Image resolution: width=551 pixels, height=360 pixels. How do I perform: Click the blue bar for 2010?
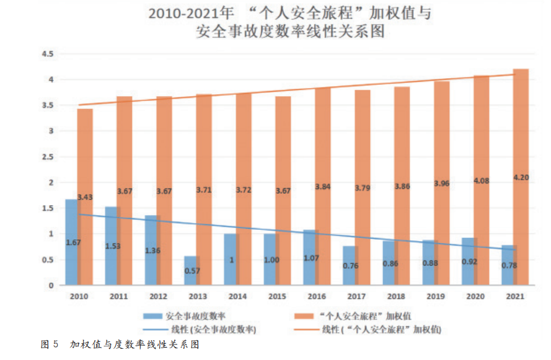coord(72,242)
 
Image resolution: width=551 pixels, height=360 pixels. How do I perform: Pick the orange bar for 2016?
coord(322,187)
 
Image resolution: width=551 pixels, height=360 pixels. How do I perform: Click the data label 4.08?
coord(482,181)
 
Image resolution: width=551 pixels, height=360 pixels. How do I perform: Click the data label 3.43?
coord(85,197)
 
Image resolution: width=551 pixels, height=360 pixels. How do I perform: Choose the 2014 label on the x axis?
coord(238,297)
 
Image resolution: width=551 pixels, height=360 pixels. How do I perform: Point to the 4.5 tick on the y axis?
coord(48,54)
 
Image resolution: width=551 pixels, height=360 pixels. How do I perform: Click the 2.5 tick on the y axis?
coord(48,157)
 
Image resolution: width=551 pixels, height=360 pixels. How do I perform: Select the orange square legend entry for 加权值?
coord(359,315)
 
